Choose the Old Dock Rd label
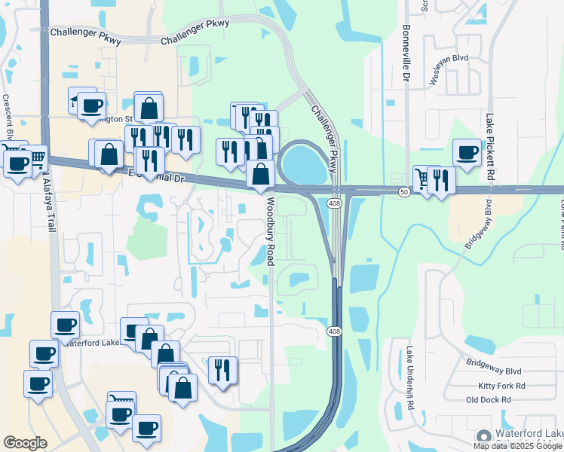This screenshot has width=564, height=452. click(489, 400)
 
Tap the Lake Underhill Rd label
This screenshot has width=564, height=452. click(409, 377)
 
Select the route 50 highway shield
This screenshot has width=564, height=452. click(404, 192)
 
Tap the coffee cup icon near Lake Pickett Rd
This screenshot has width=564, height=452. click(467, 152)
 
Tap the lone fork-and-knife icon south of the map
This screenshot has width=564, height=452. click(222, 370)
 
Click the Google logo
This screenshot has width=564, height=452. click(25, 443)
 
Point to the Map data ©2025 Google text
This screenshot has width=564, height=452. click(518, 446)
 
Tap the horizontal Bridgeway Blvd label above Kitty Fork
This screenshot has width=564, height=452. click(494, 371)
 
